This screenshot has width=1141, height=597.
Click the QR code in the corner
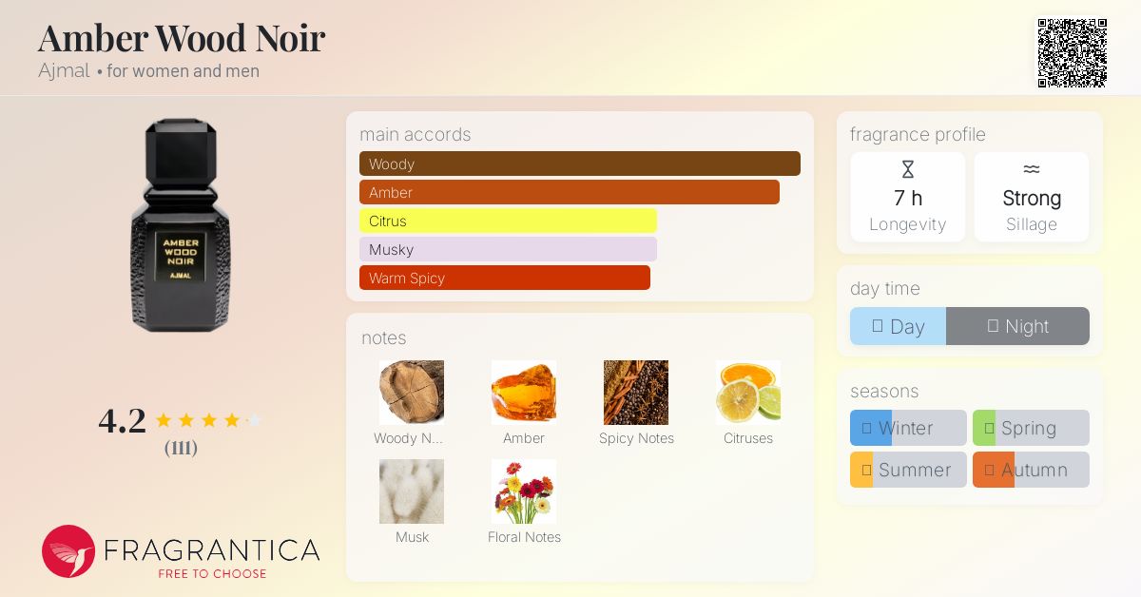1073,53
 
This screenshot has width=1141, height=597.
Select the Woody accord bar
580,164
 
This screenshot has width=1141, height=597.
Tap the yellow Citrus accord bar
508,221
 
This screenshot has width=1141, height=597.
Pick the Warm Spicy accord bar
504,278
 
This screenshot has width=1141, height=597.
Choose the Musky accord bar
508,249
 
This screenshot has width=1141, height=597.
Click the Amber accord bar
569,192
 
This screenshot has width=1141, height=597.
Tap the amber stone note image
524,393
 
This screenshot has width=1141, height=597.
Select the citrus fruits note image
747,393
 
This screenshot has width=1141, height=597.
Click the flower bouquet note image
524,491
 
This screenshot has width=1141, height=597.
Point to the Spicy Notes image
636,393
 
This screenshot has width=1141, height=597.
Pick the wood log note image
412,393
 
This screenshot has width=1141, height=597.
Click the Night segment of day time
1017,326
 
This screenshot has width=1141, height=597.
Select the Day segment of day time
898,326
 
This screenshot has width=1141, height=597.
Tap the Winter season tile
908,428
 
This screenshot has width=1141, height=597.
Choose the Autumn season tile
1031,470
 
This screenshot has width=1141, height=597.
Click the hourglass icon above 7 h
908,169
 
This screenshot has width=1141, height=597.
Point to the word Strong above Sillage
1032,198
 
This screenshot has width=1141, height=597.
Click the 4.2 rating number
123,421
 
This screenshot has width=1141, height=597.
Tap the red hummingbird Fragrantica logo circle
68,551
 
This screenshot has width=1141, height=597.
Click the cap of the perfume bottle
181,151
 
